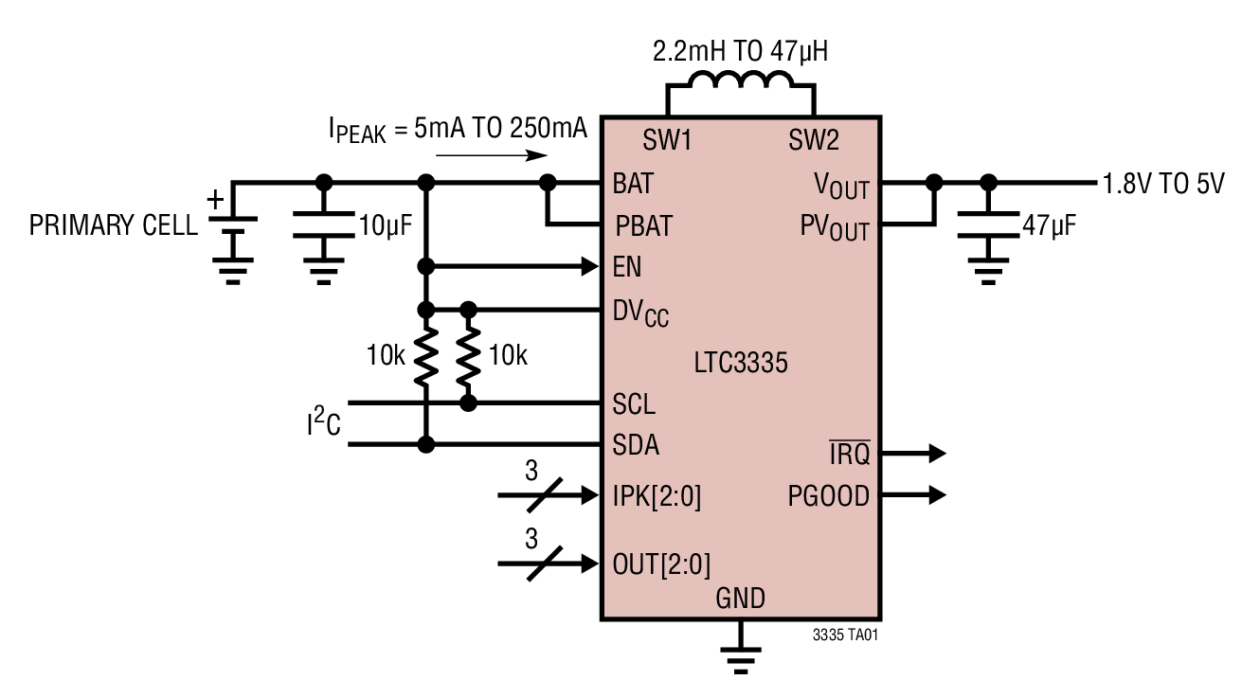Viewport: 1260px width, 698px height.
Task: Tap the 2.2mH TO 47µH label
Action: point(741,51)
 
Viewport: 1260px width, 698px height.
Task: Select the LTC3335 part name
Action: point(741,363)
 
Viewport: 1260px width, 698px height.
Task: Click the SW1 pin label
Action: point(668,142)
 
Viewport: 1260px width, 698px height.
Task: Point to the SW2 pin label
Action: point(814,142)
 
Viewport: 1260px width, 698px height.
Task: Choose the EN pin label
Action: point(627,268)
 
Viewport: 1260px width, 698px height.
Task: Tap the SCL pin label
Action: point(634,405)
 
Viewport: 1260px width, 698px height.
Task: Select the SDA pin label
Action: point(636,445)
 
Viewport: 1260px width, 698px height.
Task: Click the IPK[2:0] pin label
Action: point(657,496)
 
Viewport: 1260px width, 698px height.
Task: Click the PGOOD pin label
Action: point(828,496)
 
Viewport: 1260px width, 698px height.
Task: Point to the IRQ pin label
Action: point(849,455)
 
